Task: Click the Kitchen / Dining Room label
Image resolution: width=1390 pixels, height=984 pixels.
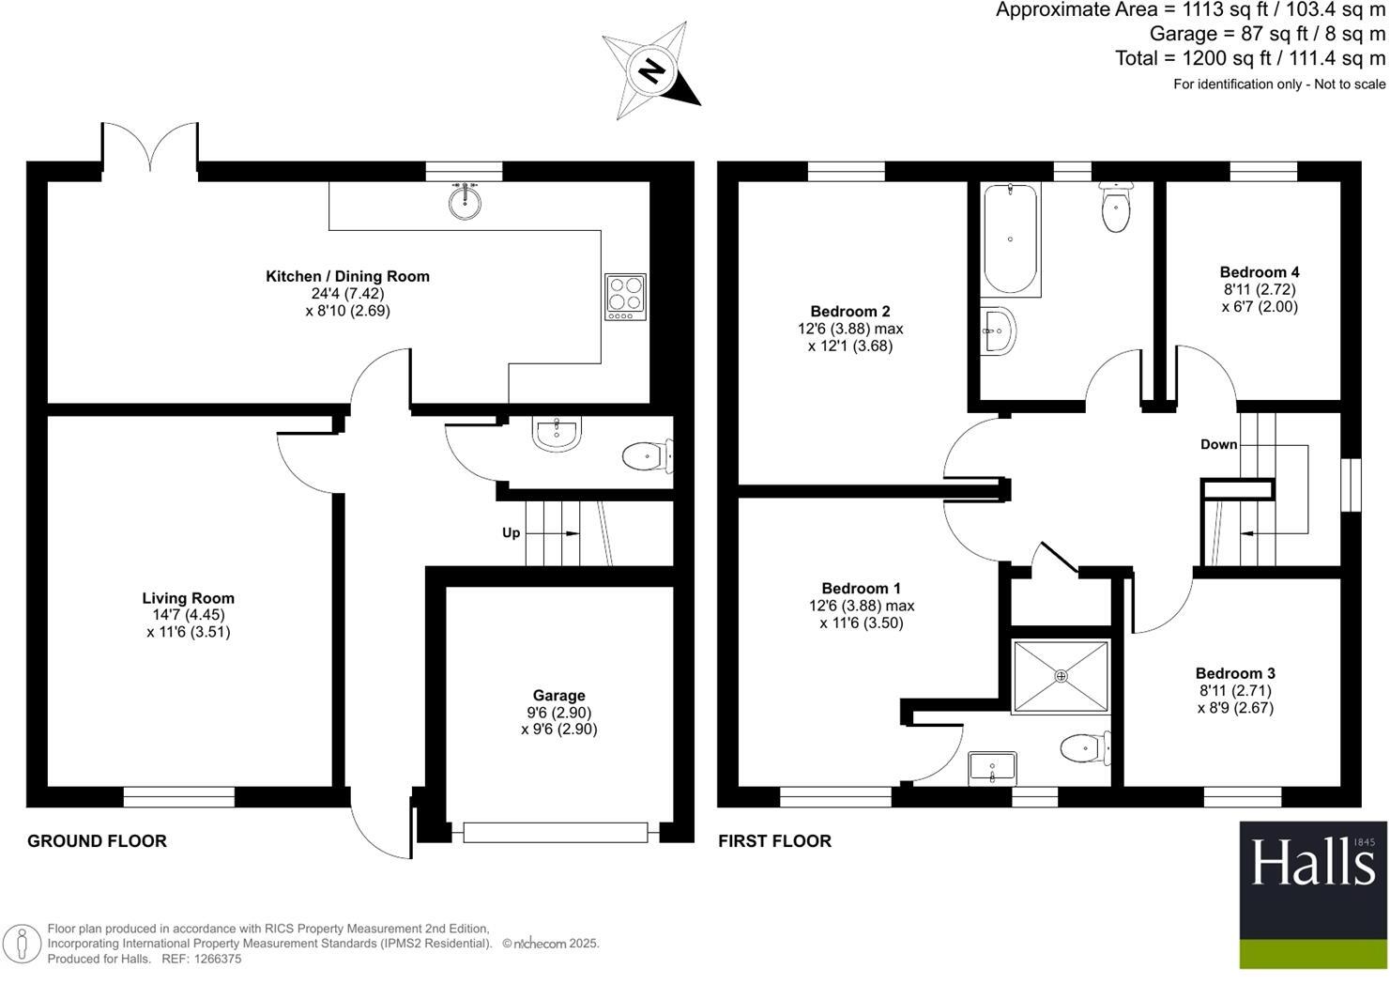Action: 347,276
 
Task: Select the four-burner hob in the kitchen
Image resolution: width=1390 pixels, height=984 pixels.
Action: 625,296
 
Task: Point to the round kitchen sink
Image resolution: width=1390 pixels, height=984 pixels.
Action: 465,201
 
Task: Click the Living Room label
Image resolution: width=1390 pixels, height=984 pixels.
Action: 189,598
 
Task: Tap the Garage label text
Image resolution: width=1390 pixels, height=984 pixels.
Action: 558,696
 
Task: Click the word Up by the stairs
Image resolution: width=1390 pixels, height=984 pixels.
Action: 511,532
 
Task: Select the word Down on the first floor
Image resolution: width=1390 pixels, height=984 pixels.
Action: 1218,444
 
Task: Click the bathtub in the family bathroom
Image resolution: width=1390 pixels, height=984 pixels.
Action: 1010,238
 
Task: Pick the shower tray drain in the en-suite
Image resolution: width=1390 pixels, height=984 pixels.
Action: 1062,675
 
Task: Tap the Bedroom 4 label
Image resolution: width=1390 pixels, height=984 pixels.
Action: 1260,272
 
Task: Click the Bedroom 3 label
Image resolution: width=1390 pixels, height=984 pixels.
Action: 1235,673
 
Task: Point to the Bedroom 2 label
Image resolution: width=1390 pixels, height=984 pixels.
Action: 850,312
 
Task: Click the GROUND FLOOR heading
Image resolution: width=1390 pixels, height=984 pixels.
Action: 97,841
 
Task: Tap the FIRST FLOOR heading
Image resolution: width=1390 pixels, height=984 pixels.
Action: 774,841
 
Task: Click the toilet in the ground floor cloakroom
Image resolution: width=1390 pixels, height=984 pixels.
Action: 645,457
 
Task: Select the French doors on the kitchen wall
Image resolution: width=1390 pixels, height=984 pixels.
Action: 150,150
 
